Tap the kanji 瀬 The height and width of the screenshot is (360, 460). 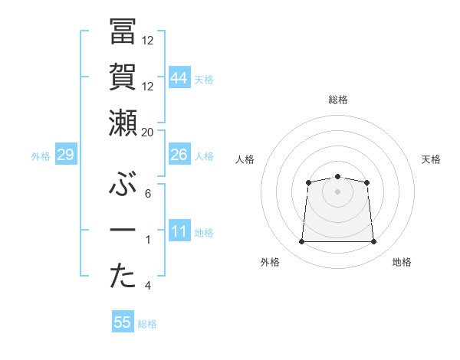[x=123, y=123]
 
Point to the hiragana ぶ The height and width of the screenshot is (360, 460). [x=123, y=184]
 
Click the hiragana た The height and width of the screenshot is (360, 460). [x=123, y=277]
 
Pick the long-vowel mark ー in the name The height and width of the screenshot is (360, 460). [x=123, y=231]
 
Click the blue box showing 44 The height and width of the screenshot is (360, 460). [x=179, y=77]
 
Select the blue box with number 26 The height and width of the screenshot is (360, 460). [x=179, y=155]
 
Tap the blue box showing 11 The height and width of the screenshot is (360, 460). [x=179, y=231]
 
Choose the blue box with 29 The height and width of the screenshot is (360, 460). [x=65, y=155]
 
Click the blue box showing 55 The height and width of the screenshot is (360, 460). [x=123, y=322]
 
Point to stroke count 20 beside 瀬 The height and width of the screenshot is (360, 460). [x=148, y=132]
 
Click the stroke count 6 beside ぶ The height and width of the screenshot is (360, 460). [x=148, y=193]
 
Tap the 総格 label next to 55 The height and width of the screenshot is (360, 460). [x=147, y=324]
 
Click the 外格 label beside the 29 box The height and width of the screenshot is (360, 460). [x=41, y=156]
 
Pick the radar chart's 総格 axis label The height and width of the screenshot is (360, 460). [x=337, y=100]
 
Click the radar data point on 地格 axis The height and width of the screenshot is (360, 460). [x=374, y=242]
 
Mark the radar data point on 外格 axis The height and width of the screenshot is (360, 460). [x=301, y=242]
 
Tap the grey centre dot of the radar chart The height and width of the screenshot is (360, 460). [x=337, y=191]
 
